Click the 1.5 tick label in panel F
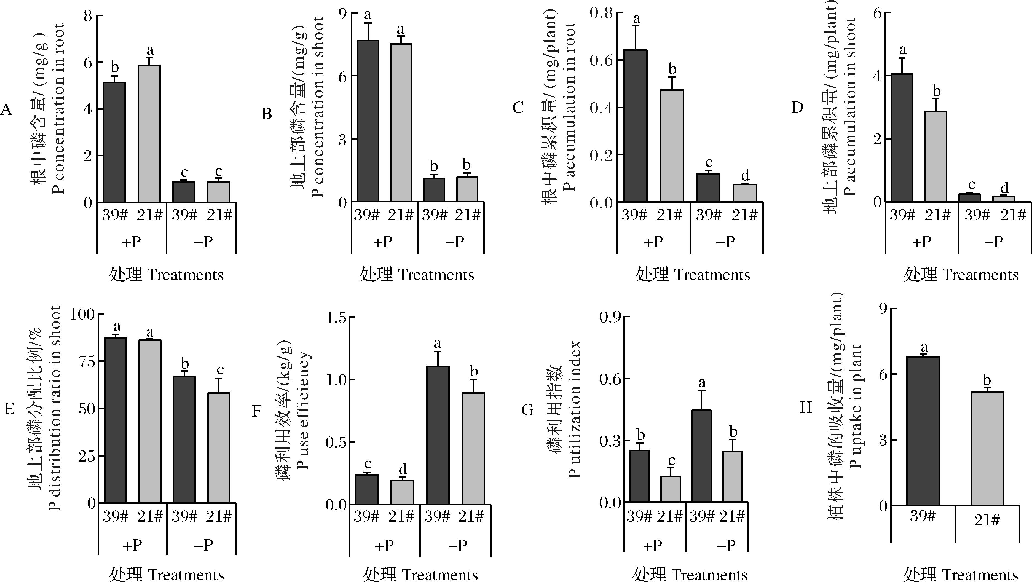point(337,318)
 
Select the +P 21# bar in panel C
point(672,146)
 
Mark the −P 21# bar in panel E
point(219,448)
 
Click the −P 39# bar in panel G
point(701,456)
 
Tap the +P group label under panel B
point(383,242)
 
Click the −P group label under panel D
point(994,242)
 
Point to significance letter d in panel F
point(403,469)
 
